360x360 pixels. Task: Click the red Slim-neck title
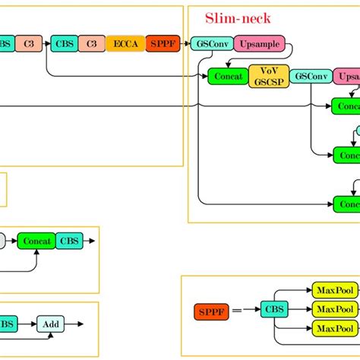point(238,17)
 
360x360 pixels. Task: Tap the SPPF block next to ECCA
point(163,43)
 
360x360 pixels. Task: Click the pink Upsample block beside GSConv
point(259,43)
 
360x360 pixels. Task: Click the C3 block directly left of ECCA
point(91,43)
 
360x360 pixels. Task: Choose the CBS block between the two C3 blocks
point(64,43)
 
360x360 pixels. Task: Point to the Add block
point(51,324)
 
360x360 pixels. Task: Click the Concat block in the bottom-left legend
point(36,242)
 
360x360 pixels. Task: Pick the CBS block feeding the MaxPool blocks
point(272,310)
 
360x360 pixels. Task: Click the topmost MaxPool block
point(334,290)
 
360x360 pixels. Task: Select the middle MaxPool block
point(334,309)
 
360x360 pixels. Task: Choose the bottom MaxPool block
point(334,328)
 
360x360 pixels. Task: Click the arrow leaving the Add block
point(74,324)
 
